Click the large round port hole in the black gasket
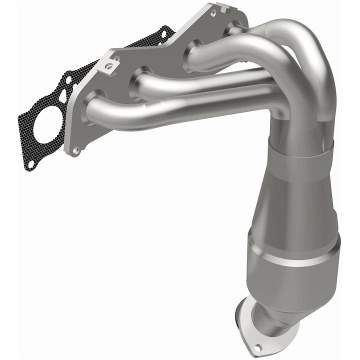(49, 123)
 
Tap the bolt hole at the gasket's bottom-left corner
(31, 163)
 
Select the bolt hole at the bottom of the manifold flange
(76, 149)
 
